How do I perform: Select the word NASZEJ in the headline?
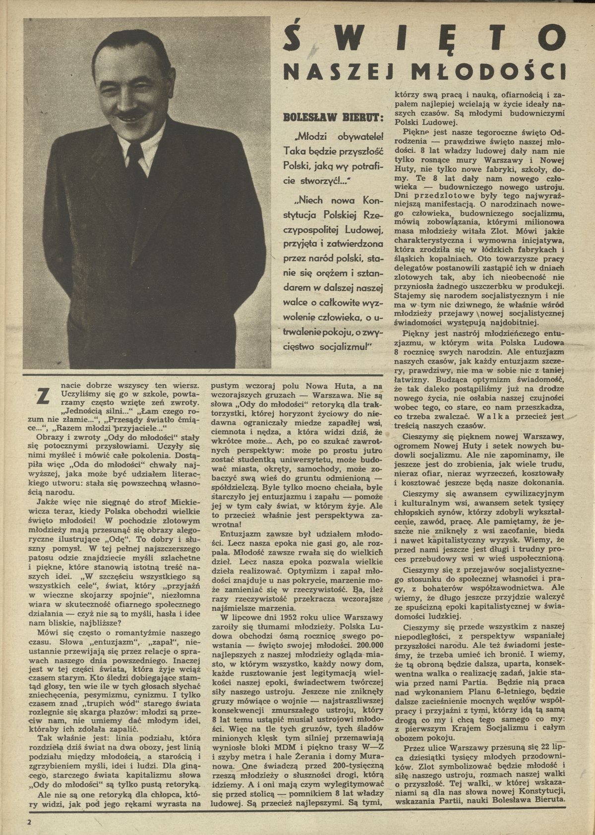340,72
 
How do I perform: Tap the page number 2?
30,822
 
